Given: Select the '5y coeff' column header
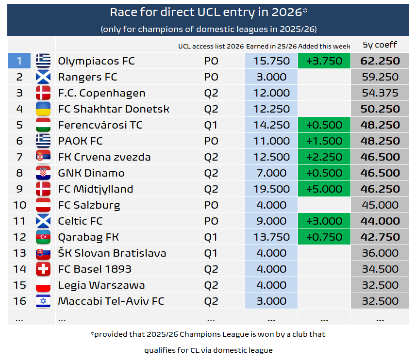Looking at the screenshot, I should [x=380, y=45].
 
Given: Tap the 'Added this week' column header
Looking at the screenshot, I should [x=324, y=46].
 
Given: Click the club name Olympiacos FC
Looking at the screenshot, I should [x=96, y=61].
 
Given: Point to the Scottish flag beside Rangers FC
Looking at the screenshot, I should [x=43, y=77].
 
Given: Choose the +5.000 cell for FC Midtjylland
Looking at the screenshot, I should [x=324, y=189].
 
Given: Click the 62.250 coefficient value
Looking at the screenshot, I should [x=380, y=61].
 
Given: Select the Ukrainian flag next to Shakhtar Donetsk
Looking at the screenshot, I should [x=43, y=109].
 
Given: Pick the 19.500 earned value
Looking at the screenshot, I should [x=271, y=189].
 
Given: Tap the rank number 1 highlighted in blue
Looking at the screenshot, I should [x=19, y=61].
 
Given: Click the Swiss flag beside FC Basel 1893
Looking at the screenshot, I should [x=43, y=269].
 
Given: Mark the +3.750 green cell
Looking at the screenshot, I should [x=324, y=61].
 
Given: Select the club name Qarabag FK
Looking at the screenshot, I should [x=88, y=237].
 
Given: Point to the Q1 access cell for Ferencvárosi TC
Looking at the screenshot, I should [x=211, y=125].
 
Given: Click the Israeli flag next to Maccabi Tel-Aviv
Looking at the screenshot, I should [x=43, y=301].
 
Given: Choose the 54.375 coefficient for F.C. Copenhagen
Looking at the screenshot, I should [x=380, y=93].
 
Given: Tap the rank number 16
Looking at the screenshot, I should [x=19, y=301].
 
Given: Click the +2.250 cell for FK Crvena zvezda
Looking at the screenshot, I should [x=324, y=157].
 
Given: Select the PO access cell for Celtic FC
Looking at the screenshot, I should [x=211, y=221].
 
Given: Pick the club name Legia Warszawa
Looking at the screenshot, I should [x=101, y=285].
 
